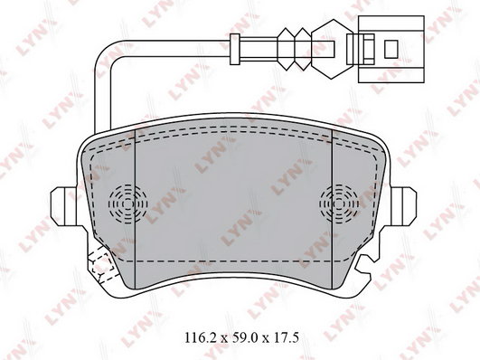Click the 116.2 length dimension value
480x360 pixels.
[201, 338]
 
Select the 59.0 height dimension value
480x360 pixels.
[242, 338]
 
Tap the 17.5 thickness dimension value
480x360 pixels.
[284, 338]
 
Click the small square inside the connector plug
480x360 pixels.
[391, 50]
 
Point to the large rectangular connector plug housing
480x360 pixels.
[391, 49]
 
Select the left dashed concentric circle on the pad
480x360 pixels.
[128, 204]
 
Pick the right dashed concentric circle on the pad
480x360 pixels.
[339, 204]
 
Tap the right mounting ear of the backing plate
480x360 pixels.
[403, 206]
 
